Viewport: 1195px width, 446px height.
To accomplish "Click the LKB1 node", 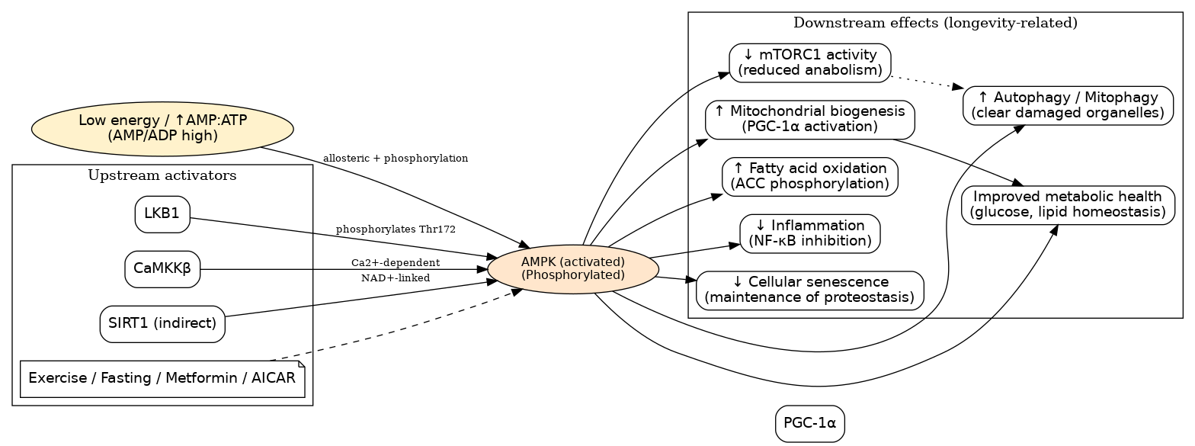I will click(162, 214).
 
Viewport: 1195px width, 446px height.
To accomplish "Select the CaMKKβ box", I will click(162, 269).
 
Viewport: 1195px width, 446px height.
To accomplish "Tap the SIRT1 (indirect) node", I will click(162, 324).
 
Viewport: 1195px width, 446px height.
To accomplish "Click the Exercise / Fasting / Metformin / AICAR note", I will click(162, 379).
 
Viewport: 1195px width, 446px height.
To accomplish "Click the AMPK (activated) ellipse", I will click(573, 269).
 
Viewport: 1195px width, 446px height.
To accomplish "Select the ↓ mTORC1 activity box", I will click(810, 63).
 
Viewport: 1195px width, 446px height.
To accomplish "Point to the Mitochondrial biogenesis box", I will click(810, 120).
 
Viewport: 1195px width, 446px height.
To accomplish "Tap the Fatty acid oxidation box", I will click(810, 176).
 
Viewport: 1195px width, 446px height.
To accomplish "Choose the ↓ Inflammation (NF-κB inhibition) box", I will click(810, 233).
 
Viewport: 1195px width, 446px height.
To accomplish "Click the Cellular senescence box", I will click(810, 290).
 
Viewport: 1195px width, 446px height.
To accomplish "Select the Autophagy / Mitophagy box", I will click(1068, 105).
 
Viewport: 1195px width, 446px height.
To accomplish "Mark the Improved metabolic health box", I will click(1068, 204).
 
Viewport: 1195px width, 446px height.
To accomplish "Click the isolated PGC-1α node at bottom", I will click(810, 423).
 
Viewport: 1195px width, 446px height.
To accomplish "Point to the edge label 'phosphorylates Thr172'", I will click(396, 229).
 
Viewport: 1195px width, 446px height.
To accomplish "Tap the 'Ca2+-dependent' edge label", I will click(396, 263).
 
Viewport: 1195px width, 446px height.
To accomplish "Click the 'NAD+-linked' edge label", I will click(396, 278).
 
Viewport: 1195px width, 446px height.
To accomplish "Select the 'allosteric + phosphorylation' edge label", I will click(396, 159).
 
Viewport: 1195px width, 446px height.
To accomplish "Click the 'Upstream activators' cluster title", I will click(162, 176).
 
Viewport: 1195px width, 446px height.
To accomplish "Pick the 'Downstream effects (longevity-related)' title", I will click(935, 23).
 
